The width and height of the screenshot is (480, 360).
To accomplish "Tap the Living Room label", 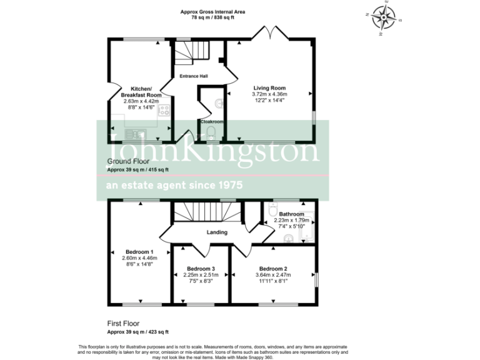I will [269, 88].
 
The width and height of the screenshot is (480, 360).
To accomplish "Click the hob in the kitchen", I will [164, 111].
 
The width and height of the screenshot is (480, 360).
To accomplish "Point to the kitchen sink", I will [135, 134].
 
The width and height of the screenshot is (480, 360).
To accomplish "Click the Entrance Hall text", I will [194, 76].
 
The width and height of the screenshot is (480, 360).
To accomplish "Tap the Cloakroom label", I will [212, 121].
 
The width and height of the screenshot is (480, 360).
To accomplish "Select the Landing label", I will [217, 232].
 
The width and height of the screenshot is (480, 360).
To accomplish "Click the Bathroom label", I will [291, 214].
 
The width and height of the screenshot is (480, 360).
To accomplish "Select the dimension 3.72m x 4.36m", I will [269, 94].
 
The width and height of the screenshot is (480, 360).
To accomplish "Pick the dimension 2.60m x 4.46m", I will [139, 258].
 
